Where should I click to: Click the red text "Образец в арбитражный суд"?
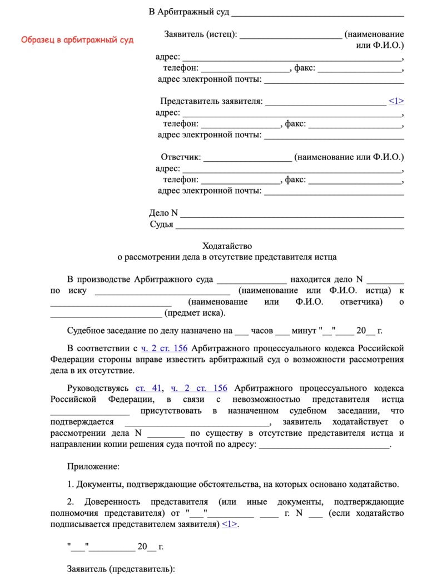[x=77, y=40]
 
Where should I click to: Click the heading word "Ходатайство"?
[x=227, y=245]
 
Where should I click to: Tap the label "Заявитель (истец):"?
[x=200, y=34]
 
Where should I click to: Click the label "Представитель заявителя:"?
[x=211, y=101]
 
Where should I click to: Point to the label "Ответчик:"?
[x=181, y=157]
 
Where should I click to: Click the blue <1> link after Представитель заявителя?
[x=396, y=101]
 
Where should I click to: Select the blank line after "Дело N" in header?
[x=292, y=213]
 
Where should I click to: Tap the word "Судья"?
[x=161, y=225]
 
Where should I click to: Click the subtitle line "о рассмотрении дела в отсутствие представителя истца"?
[x=227, y=257]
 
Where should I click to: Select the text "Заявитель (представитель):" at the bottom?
[x=121, y=569]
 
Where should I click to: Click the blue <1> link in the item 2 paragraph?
[x=229, y=524]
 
